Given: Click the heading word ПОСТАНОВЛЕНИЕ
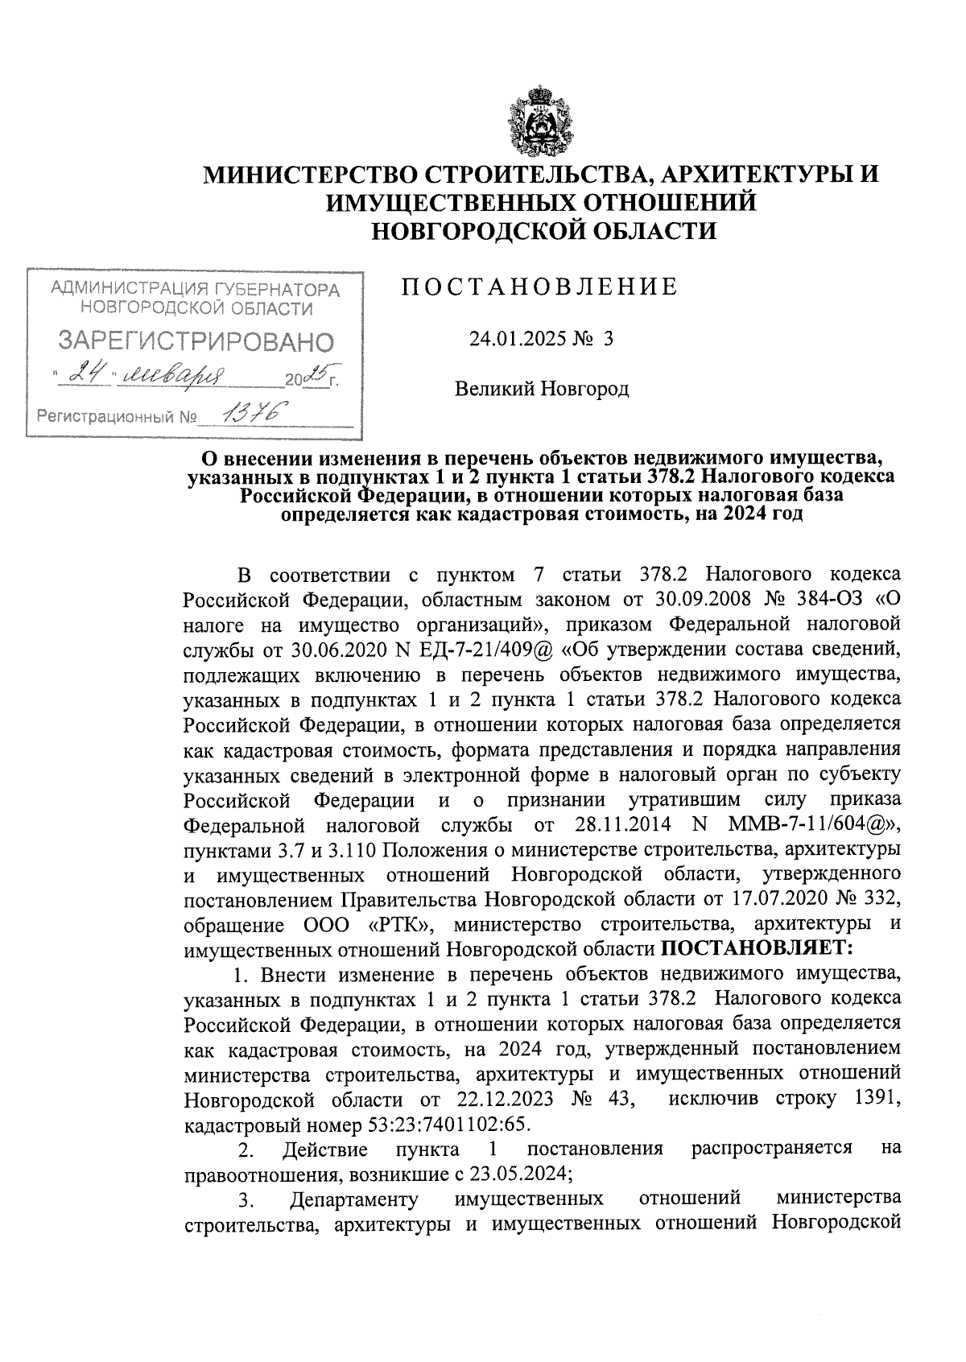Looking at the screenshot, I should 539,287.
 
